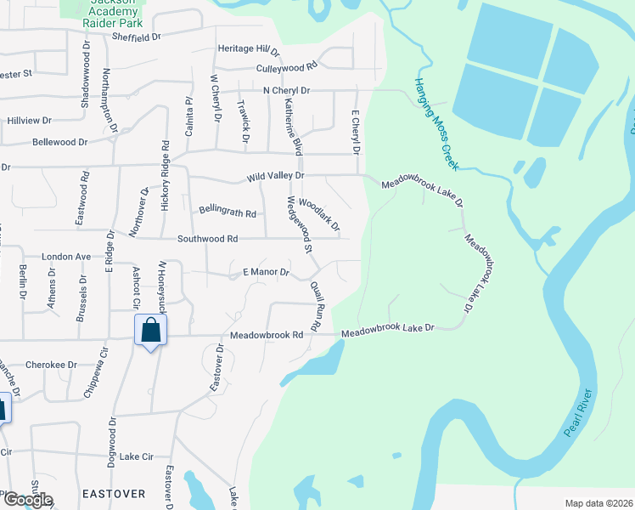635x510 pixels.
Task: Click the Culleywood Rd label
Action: click(x=286, y=66)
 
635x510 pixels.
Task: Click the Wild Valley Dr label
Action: click(x=275, y=176)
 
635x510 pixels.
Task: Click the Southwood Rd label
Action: click(x=207, y=239)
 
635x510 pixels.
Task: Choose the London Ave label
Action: click(x=65, y=256)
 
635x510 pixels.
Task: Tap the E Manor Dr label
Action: click(x=266, y=273)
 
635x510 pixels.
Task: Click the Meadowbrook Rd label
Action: click(x=266, y=335)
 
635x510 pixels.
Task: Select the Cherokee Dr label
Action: click(x=51, y=365)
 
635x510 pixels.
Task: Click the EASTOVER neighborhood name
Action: click(x=115, y=493)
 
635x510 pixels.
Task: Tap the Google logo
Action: click(x=27, y=500)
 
